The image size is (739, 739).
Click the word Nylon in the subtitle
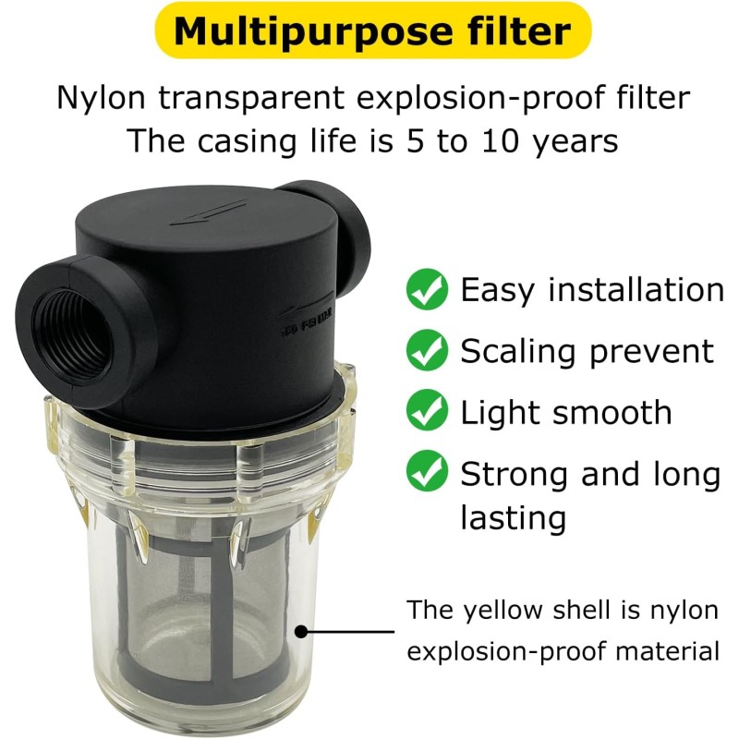click(x=101, y=98)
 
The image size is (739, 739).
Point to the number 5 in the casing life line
click(x=415, y=140)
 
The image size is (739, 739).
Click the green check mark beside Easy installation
click(x=427, y=289)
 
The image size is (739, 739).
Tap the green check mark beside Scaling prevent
click(x=427, y=350)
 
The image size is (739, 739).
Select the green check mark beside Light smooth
click(x=427, y=410)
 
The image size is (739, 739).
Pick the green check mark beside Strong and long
click(x=427, y=470)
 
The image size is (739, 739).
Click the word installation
click(x=636, y=289)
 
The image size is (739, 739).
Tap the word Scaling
click(x=518, y=352)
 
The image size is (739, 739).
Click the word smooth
click(x=612, y=412)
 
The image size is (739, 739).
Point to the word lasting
click(x=514, y=517)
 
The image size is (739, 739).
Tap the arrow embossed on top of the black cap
click(x=208, y=212)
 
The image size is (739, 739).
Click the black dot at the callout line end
click(x=301, y=631)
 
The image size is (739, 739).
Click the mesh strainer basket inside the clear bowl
click(x=202, y=608)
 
